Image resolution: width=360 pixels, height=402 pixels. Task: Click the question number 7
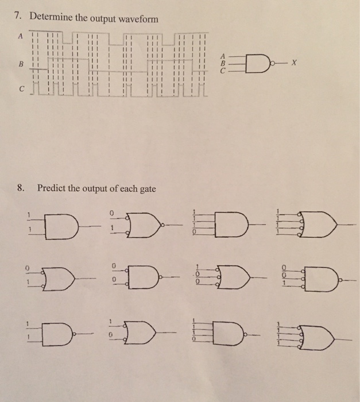pyautogui.click(x=18, y=16)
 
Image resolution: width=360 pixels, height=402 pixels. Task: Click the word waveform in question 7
pyautogui.click(x=138, y=19)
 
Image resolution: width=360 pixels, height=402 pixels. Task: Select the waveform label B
pyautogui.click(x=21, y=64)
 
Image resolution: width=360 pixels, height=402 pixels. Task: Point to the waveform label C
pyautogui.click(x=22, y=89)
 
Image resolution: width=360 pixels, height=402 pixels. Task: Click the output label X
pyautogui.click(x=294, y=62)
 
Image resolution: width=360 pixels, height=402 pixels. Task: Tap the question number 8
pyautogui.click(x=20, y=188)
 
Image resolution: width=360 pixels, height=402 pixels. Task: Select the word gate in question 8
pyautogui.click(x=148, y=189)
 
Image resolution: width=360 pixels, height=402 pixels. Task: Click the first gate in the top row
pyautogui.click(x=61, y=226)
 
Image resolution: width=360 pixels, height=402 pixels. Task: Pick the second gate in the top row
pyautogui.click(x=144, y=225)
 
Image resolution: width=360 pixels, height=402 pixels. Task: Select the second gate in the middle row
pyautogui.click(x=144, y=277)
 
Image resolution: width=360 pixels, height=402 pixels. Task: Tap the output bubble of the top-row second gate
pyautogui.click(x=162, y=225)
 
